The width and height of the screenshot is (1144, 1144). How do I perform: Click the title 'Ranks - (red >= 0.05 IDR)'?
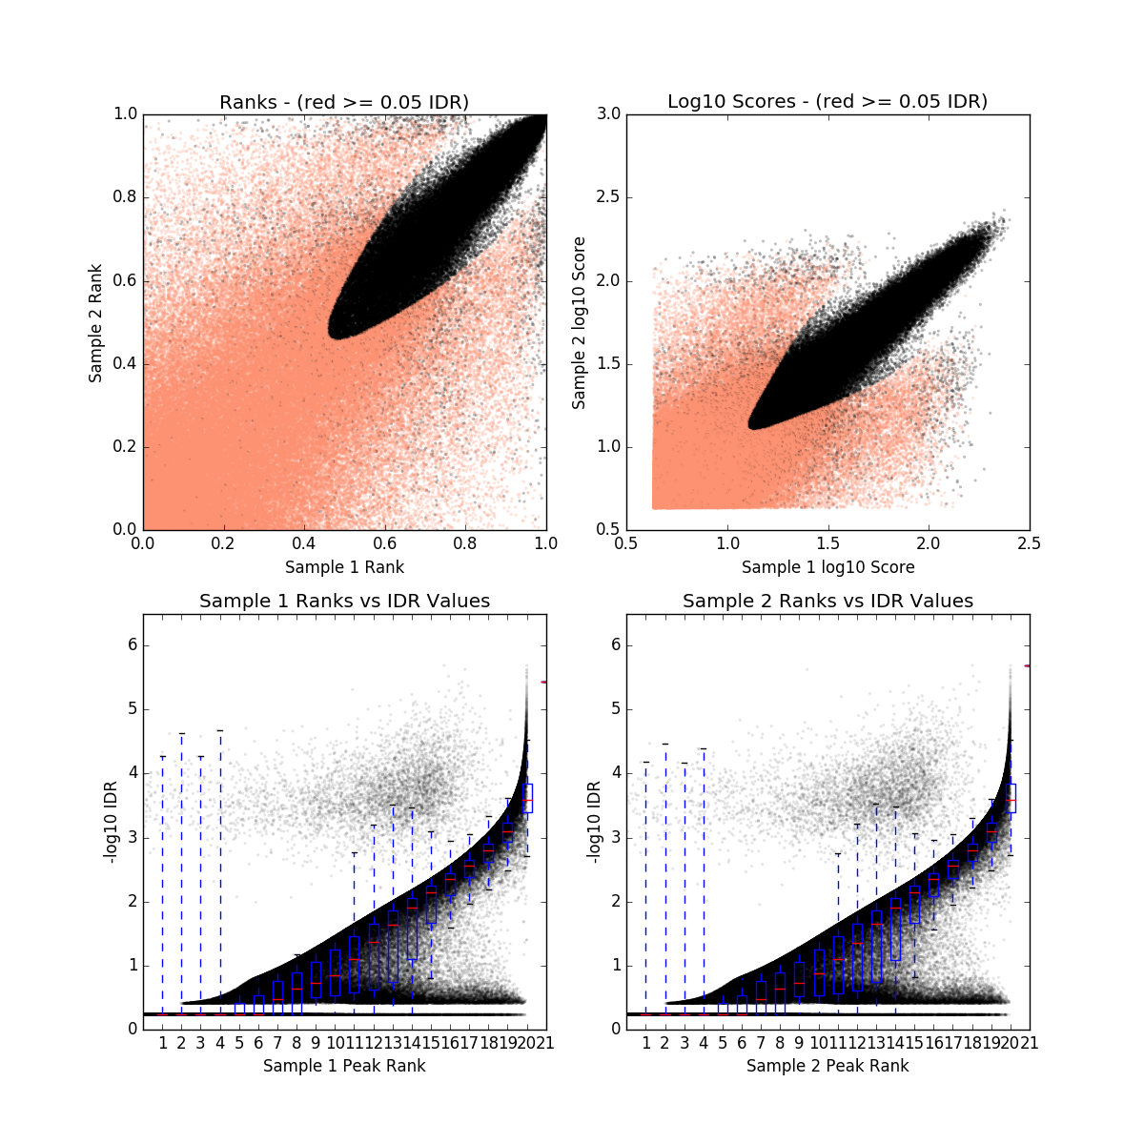tap(344, 102)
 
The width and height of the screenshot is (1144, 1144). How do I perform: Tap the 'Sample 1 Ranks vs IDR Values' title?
tap(344, 602)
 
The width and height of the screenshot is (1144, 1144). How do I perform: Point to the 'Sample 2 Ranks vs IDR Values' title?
tap(827, 602)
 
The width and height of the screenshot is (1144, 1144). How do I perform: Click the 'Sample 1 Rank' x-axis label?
tap(344, 567)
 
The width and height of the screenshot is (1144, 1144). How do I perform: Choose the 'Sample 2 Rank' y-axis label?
tap(95, 323)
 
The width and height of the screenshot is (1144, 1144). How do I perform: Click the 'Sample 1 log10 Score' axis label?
tap(827, 567)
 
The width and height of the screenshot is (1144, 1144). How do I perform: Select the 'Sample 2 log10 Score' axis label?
tap(579, 323)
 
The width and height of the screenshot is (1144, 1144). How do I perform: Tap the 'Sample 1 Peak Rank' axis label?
tap(344, 1066)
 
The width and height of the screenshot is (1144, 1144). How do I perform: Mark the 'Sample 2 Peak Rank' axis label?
tap(827, 1066)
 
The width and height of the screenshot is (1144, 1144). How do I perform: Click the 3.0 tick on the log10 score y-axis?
tap(609, 114)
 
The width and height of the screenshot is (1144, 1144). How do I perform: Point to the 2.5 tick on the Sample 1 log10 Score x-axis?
tap(1029, 543)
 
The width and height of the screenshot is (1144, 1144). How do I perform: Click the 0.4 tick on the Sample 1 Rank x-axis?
tap(304, 543)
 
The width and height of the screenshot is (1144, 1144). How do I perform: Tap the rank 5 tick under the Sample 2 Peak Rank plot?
tap(723, 1043)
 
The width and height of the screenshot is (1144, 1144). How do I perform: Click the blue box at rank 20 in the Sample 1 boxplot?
tap(527, 798)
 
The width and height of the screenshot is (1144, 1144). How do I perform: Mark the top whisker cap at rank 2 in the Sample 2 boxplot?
tap(665, 744)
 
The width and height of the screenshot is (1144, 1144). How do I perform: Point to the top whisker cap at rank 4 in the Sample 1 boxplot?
tap(220, 730)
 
